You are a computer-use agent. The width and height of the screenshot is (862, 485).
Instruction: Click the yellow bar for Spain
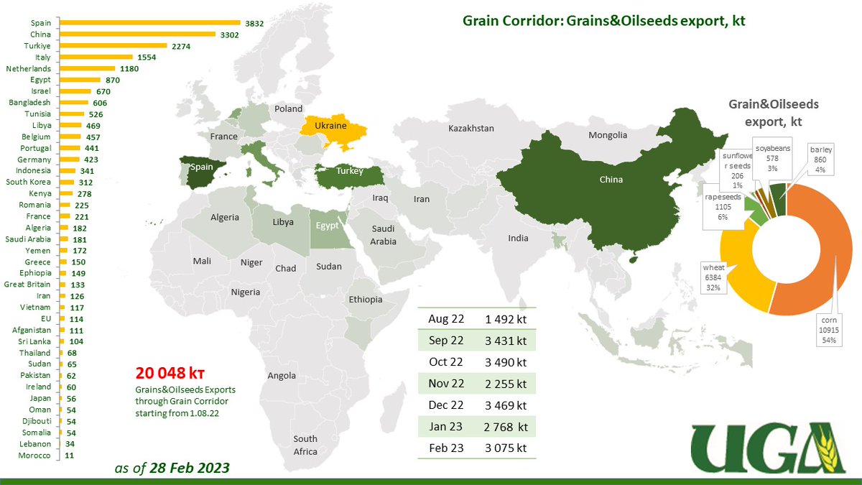click(149, 23)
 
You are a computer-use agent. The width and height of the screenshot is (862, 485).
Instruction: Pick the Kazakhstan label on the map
click(471, 128)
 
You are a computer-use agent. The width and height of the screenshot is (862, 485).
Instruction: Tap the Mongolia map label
click(608, 135)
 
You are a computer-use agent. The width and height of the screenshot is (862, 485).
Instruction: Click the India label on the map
click(517, 238)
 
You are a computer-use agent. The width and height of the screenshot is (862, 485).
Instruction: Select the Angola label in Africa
click(281, 375)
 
